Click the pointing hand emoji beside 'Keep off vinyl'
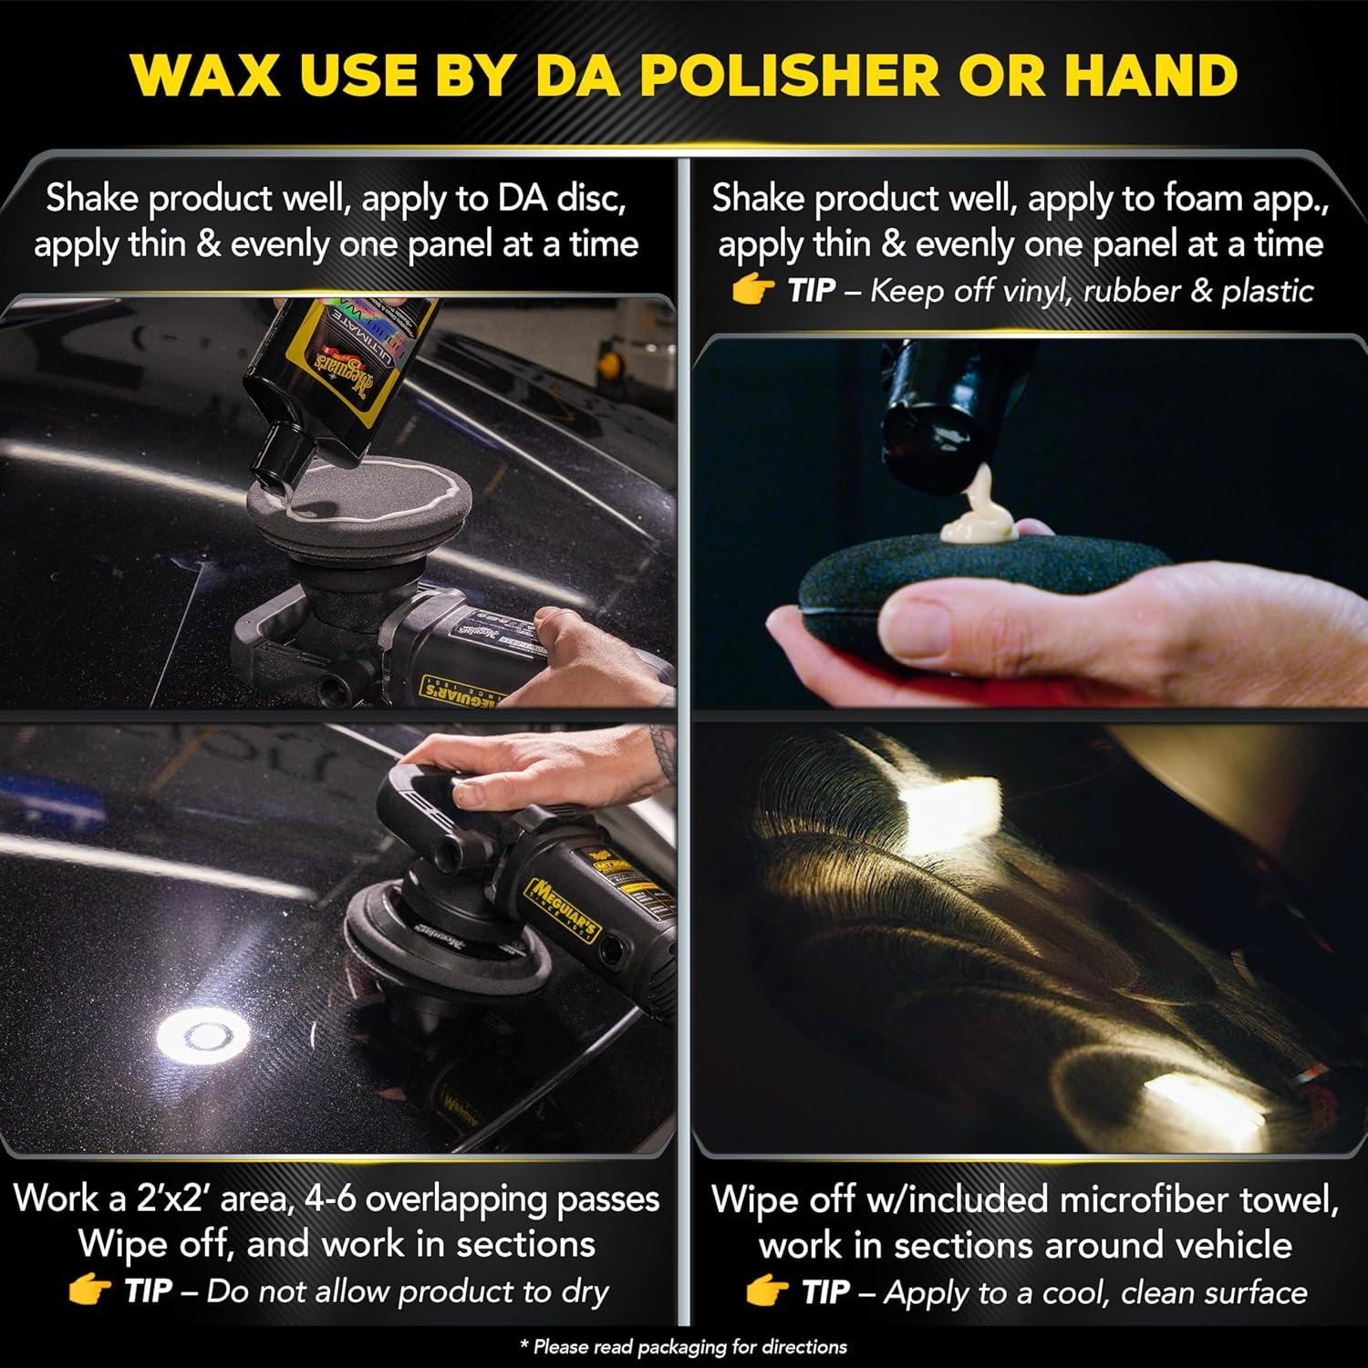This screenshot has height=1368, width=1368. pyautogui.click(x=753, y=290)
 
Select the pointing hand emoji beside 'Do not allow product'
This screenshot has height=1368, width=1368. pyautogui.click(x=88, y=1290)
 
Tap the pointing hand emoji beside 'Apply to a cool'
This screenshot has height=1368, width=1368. pyautogui.click(x=766, y=1292)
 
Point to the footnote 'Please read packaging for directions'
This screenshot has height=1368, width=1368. pyautogui.click(x=683, y=1346)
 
